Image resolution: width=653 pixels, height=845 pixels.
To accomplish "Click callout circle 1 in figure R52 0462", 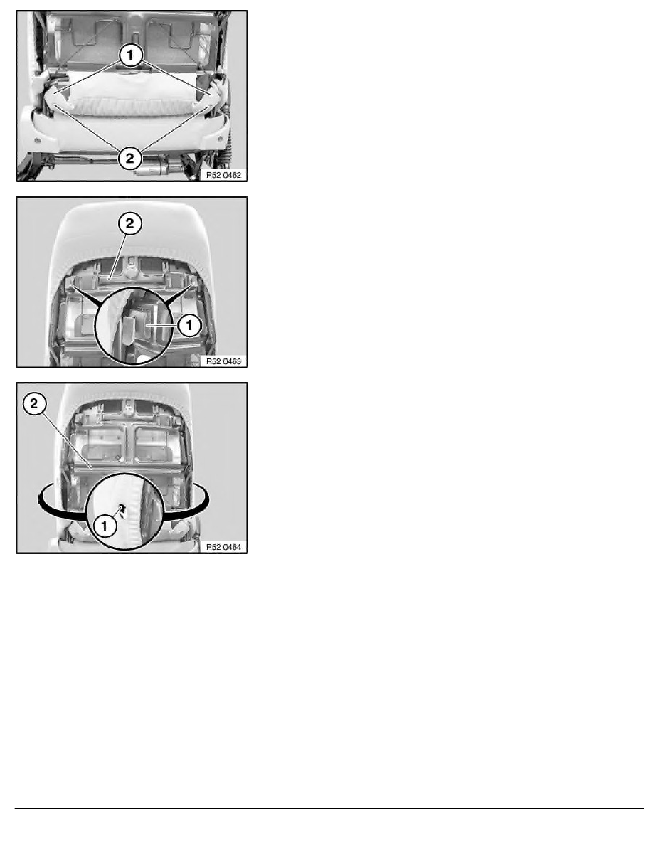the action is [x=130, y=55].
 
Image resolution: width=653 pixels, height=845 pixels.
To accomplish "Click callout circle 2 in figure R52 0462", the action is [x=130, y=158].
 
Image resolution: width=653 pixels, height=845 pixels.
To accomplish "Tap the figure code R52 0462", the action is [x=223, y=175].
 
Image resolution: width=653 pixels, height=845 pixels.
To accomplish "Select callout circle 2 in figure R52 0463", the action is [x=130, y=223].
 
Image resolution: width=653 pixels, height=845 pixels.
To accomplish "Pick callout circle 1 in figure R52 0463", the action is [x=189, y=325].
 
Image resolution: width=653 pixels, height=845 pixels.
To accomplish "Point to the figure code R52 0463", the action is [x=223, y=361].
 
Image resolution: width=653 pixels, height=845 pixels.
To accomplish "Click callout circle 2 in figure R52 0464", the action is [x=34, y=403].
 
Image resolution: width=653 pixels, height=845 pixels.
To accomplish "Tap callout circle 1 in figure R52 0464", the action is [x=105, y=526].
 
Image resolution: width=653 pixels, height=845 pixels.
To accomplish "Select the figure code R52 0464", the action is [x=223, y=547].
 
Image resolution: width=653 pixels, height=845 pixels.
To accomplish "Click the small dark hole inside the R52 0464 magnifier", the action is [x=121, y=508].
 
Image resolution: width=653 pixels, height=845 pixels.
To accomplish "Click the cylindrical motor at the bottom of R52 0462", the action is [x=154, y=168].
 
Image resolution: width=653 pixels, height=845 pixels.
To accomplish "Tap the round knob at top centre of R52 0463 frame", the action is [x=129, y=263].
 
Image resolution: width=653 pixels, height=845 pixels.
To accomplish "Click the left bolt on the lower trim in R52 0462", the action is [x=37, y=141].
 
